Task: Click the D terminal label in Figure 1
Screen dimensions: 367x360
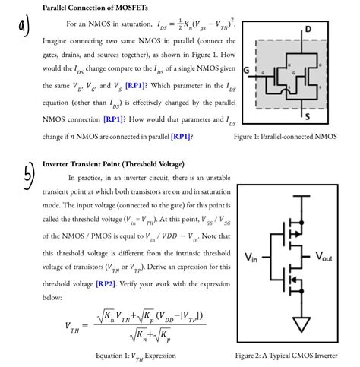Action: pyautogui.click(x=308, y=28)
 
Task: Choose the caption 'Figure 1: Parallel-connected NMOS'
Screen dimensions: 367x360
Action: pyautogui.click(x=295, y=137)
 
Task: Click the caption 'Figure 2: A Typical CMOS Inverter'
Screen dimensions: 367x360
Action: pyautogui.click(x=295, y=355)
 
